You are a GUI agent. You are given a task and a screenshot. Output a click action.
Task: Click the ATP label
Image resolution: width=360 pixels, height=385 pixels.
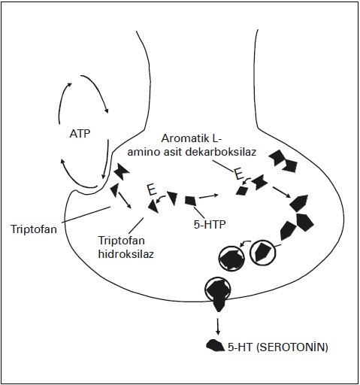(80, 134)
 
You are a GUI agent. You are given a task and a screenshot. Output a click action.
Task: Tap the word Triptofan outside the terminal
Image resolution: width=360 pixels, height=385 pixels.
(34, 229)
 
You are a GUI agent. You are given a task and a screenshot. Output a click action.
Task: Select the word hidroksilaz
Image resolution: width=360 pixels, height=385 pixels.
(126, 254)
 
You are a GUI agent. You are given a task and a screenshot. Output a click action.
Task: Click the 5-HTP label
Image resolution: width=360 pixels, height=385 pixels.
(210, 224)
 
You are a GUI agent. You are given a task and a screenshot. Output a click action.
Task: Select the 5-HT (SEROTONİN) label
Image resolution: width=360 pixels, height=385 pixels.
(277, 347)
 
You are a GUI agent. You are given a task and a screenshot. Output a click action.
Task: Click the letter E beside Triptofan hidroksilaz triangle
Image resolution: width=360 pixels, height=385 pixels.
(152, 189)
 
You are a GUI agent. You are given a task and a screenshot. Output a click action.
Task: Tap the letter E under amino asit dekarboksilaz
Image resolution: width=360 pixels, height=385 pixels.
(238, 174)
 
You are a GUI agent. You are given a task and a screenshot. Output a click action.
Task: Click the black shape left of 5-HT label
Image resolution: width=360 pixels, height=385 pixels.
(215, 346)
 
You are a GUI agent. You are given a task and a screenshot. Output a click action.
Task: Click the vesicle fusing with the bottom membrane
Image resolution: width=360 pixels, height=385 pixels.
(217, 291)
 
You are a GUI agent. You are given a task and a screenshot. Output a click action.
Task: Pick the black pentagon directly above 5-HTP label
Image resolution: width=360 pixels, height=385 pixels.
(190, 201)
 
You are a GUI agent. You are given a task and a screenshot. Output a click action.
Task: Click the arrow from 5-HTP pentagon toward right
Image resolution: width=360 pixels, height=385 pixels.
(208, 196)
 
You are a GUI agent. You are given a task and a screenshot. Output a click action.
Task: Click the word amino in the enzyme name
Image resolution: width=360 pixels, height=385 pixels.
(143, 152)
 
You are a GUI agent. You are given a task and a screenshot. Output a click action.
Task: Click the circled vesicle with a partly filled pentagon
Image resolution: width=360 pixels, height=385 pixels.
(262, 253)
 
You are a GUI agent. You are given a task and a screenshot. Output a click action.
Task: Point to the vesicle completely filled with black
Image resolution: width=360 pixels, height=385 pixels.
(231, 258)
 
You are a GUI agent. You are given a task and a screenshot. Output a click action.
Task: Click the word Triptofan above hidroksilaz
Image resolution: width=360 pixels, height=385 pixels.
(122, 241)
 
